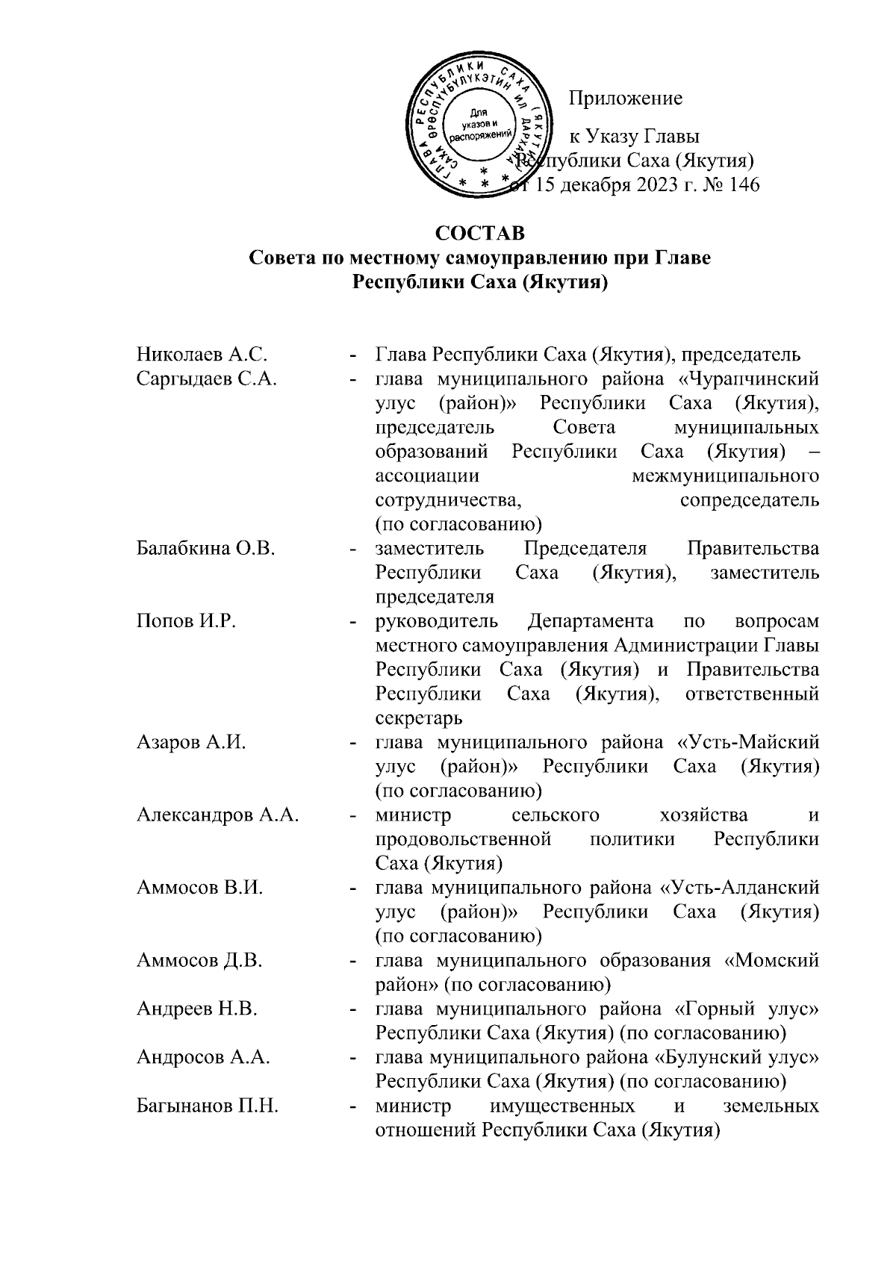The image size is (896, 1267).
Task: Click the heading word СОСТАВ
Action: (480, 234)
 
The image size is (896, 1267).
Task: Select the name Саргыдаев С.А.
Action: (207, 379)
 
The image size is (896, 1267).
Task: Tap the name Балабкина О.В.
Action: (206, 549)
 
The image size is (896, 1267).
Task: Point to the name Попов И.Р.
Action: (186, 621)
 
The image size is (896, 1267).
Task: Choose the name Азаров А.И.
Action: (191, 743)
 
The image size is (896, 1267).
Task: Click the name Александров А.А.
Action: (218, 815)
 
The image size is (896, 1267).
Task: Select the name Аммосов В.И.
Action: (199, 888)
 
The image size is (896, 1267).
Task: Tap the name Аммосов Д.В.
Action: (199, 960)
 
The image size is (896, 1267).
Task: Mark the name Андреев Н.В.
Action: (197, 1009)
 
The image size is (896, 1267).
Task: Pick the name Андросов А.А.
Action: (203, 1058)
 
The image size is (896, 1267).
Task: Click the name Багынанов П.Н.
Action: (208, 1106)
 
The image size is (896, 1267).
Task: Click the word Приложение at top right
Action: (626, 98)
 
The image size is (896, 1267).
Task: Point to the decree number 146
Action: (742, 185)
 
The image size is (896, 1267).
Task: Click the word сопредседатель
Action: (750, 500)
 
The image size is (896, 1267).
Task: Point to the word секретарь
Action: (419, 718)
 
